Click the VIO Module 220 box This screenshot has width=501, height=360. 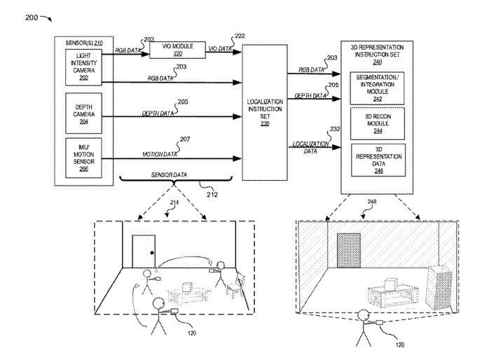tap(172, 49)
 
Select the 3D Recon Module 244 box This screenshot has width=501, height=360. tap(377, 120)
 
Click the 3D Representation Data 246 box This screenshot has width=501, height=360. tap(377, 158)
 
